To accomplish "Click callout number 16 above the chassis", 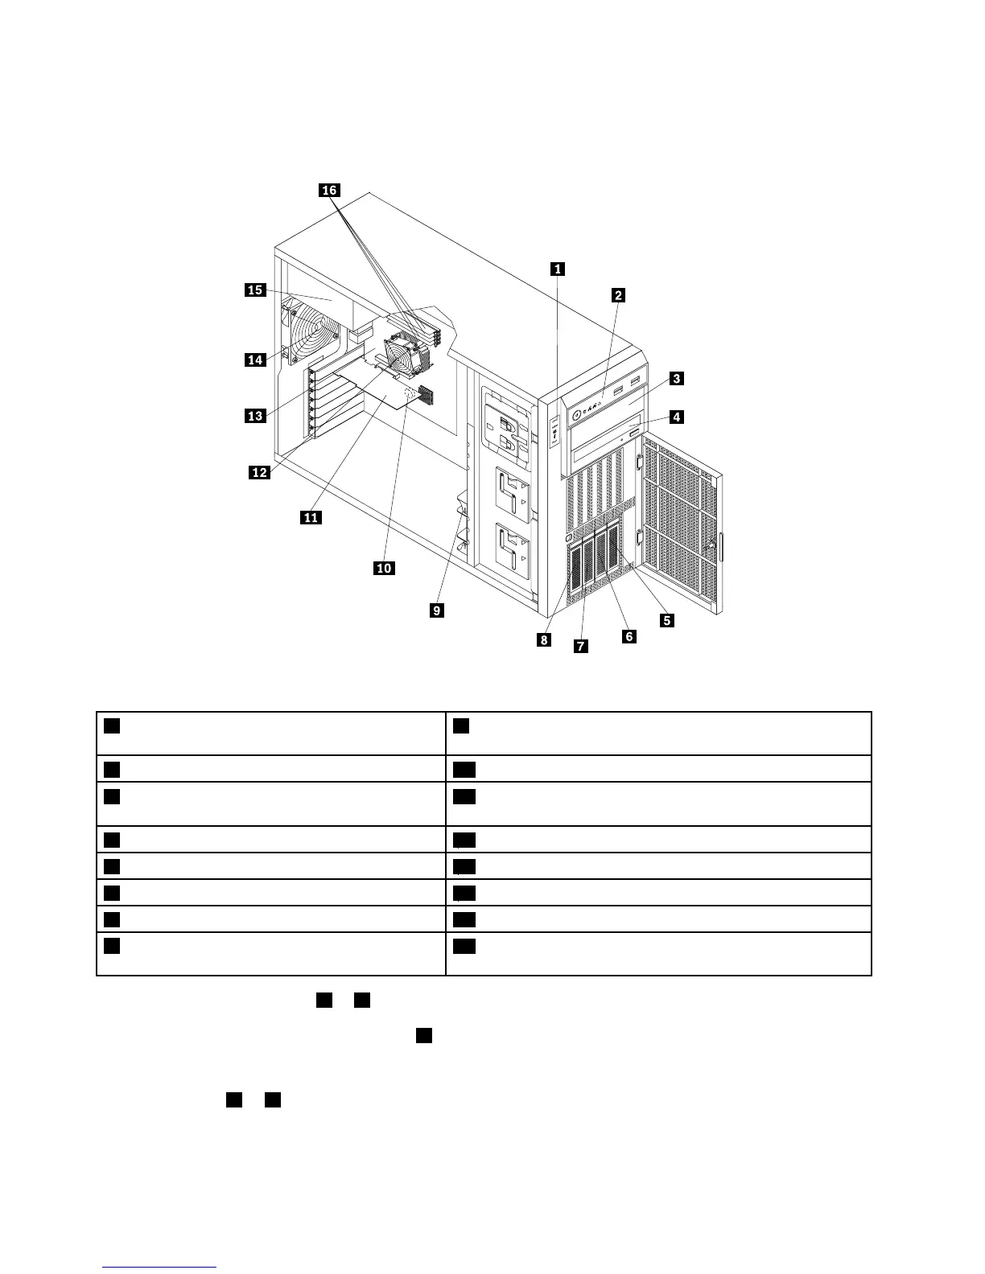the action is [x=329, y=191].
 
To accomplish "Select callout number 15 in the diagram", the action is [x=255, y=290].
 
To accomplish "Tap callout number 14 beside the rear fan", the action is [x=255, y=360].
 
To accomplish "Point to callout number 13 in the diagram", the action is [x=255, y=416].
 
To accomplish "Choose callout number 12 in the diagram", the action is [x=259, y=472].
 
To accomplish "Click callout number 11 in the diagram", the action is [x=311, y=517].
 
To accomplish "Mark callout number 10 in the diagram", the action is [x=384, y=568].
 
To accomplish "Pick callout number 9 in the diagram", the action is [x=436, y=610].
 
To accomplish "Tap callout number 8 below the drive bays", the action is [x=545, y=639].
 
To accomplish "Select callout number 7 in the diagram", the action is [x=580, y=645].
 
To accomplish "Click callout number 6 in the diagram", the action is [x=629, y=636].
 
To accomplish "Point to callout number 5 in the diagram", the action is [x=666, y=620].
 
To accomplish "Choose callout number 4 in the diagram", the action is [x=677, y=417].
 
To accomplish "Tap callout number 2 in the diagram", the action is [x=618, y=295].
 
